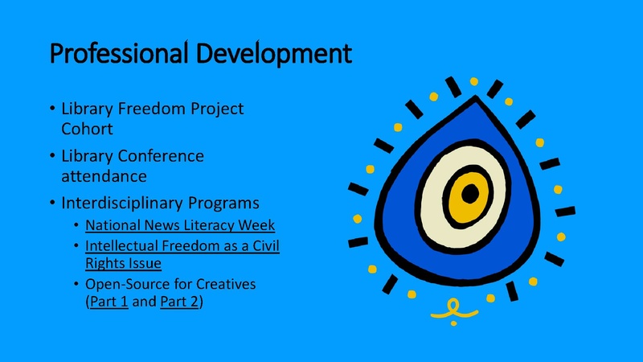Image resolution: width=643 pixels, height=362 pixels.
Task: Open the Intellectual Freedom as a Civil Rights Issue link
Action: point(182,245)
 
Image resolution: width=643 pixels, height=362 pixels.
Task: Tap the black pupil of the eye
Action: point(470,194)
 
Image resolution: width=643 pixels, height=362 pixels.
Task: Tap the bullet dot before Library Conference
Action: point(52,155)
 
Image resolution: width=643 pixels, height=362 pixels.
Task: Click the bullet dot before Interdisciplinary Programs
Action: point(52,201)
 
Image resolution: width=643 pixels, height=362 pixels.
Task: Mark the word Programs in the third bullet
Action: point(238,201)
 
